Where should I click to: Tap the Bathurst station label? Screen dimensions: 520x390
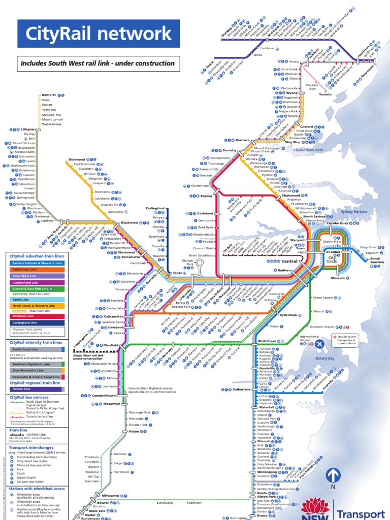(49, 95)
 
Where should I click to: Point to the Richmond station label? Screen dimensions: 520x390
(77, 159)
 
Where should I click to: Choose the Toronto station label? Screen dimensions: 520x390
(325, 94)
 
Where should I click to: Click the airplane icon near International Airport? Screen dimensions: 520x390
(320, 345)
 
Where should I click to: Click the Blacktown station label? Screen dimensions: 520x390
(129, 222)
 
